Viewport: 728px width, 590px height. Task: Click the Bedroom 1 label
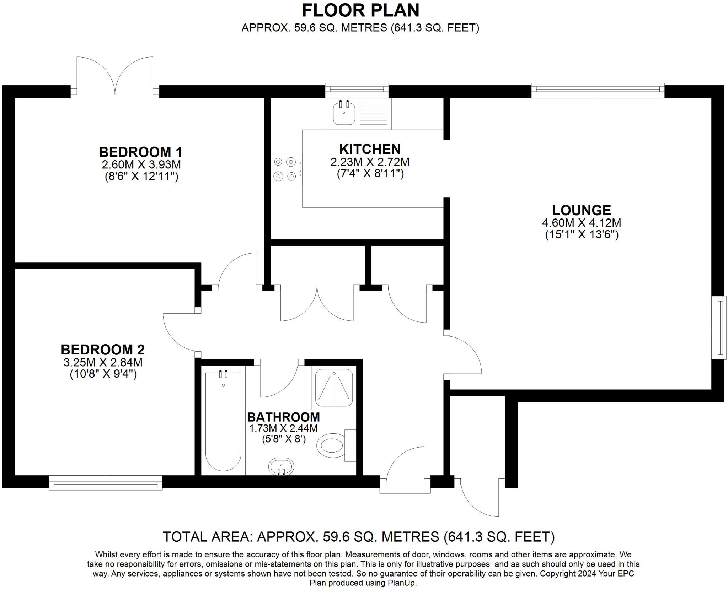coord(140,152)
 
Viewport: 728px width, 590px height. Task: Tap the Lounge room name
coord(582,210)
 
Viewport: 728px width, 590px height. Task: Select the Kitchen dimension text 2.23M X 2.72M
coord(370,162)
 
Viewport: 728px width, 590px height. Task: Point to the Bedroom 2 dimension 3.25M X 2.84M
coord(103,362)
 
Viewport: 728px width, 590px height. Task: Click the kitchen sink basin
coord(344,113)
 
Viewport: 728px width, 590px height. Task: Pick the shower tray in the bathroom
coord(334,388)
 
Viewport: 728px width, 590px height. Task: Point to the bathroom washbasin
coord(281,466)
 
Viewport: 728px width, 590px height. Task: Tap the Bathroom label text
coord(284,417)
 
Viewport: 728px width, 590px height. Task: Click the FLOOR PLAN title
coord(360,10)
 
